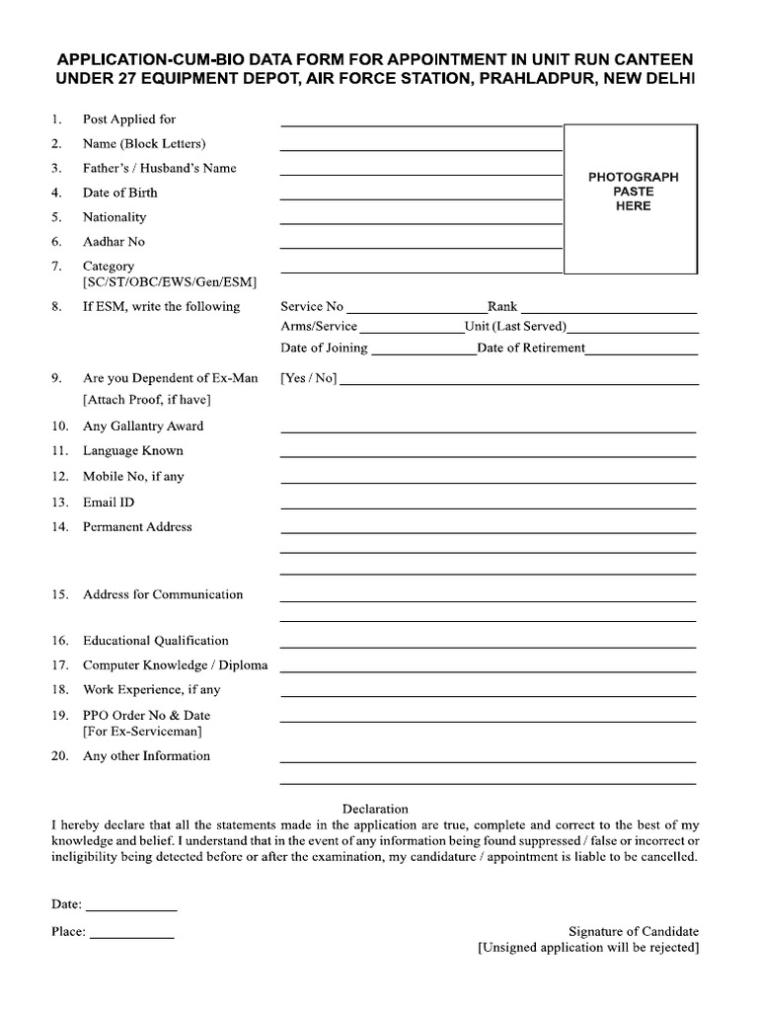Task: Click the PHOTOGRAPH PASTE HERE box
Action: point(633,197)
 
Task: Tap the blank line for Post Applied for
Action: point(421,125)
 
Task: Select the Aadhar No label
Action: point(114,241)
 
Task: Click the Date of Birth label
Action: point(119,193)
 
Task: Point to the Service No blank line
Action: point(416,312)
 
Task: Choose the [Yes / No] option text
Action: point(309,378)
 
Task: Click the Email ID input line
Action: point(488,507)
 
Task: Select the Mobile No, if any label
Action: point(133,476)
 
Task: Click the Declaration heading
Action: point(375,809)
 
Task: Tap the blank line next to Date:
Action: point(132,909)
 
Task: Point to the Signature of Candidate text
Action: point(634,931)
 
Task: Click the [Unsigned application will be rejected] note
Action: point(588,948)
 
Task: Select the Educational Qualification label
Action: point(156,641)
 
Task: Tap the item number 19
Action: point(59,715)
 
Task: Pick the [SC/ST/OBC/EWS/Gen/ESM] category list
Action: point(170,282)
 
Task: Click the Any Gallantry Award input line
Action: point(488,431)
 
